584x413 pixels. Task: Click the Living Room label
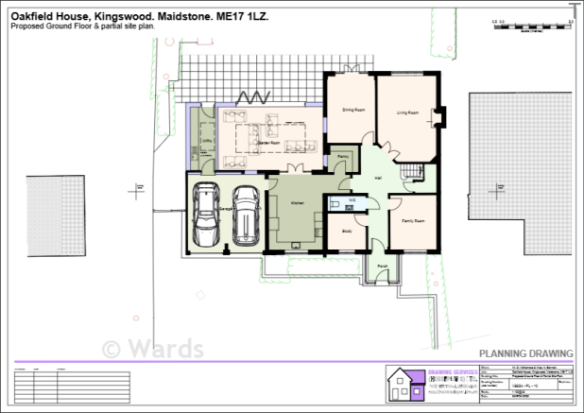(x=407, y=112)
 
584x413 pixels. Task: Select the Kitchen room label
(x=295, y=203)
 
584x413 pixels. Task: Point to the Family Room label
(x=411, y=220)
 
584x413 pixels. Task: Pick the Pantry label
(x=343, y=156)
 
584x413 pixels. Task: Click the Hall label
(x=378, y=178)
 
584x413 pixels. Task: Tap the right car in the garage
(x=246, y=215)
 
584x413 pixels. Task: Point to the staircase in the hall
(x=410, y=173)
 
